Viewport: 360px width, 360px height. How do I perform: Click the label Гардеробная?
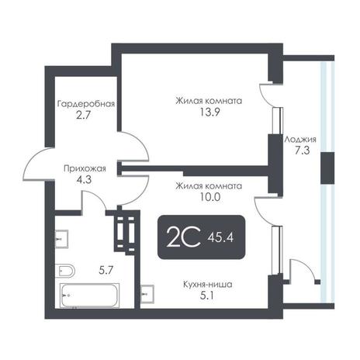click(86, 104)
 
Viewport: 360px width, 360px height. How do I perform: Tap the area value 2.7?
click(83, 115)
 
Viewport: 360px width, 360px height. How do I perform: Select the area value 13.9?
click(209, 112)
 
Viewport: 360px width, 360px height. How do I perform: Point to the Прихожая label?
click(85, 169)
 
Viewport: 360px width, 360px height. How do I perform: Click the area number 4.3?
click(84, 179)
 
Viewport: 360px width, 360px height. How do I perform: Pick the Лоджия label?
click(300, 140)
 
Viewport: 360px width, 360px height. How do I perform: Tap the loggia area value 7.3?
click(303, 151)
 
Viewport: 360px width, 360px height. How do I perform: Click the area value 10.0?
click(209, 197)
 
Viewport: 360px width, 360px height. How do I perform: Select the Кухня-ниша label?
click(208, 285)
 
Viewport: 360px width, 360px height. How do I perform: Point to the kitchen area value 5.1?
click(207, 296)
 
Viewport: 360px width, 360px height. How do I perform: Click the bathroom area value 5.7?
click(106, 271)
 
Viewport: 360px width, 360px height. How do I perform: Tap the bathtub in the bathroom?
click(90, 296)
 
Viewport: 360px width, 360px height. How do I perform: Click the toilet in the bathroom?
click(64, 271)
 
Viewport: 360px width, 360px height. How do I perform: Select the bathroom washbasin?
click(61, 239)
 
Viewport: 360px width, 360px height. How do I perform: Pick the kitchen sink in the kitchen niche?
click(147, 294)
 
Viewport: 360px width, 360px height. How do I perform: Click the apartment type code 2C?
click(184, 237)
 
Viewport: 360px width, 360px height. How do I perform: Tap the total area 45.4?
click(220, 237)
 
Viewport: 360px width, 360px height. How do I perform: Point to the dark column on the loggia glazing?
click(327, 168)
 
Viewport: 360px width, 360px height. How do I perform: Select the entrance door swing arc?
click(33, 161)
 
